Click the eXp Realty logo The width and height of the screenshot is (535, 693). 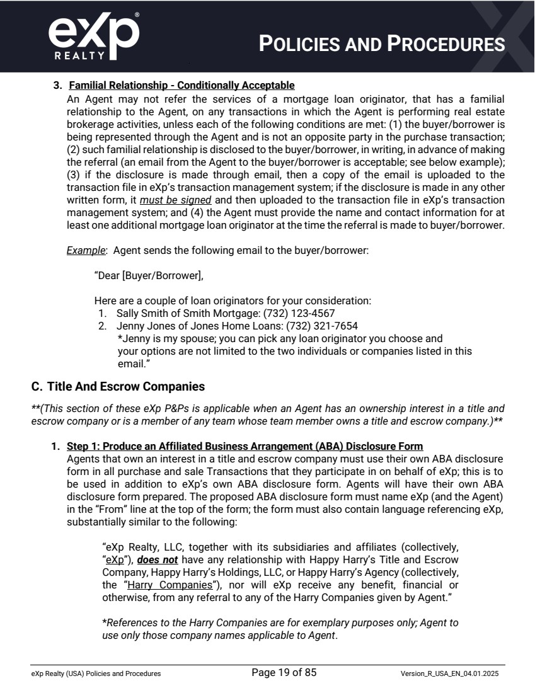coord(93,36)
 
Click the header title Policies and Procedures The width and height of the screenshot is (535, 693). coord(383,43)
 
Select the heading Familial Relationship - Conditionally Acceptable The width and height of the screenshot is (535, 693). coord(181,85)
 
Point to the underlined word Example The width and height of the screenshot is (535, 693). coord(85,250)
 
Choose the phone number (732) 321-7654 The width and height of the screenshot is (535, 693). coord(321,326)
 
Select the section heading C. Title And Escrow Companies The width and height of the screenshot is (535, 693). coord(118,386)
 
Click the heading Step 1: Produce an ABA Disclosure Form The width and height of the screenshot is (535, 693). coord(244,447)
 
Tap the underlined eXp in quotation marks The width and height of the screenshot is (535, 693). coord(114,559)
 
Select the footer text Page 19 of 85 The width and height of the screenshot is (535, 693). coord(284,673)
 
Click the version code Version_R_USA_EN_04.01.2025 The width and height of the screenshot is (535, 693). coord(452,673)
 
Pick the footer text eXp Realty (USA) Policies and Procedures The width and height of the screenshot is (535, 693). coord(96,673)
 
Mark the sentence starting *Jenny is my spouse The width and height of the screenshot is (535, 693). coord(280,338)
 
